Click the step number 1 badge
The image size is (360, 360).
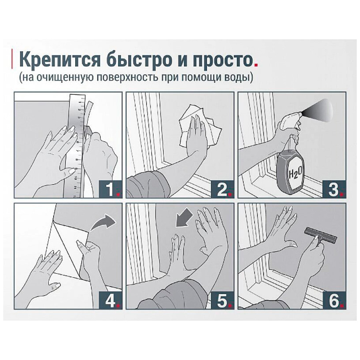pyautogui.click(x=110, y=189)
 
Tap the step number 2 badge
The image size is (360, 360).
pyautogui.click(x=222, y=189)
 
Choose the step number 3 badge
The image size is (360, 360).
pyautogui.click(x=334, y=189)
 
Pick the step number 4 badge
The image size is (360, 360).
pyautogui.click(x=110, y=300)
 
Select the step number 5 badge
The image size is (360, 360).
pyautogui.click(x=222, y=300)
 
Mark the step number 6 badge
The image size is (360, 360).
pyautogui.click(x=334, y=300)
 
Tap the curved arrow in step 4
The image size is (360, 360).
pyautogui.click(x=104, y=222)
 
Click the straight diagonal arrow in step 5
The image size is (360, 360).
pyautogui.click(x=184, y=218)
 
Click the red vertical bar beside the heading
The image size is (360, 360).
pyautogui.click(x=12, y=59)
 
